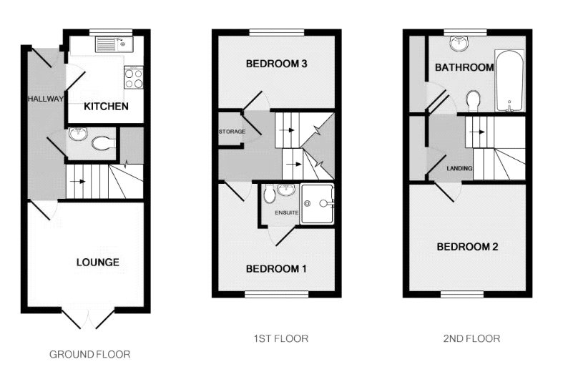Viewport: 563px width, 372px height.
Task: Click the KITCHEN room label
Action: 106,107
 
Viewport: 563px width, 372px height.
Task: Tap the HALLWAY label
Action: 46,99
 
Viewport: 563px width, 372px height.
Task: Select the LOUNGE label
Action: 97,262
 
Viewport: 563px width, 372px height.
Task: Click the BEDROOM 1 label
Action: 276,269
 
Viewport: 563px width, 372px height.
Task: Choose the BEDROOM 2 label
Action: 468,247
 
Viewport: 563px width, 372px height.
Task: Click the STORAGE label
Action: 232,132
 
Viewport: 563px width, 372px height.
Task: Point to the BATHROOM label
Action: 464,68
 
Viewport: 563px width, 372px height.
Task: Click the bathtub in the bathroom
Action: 509,80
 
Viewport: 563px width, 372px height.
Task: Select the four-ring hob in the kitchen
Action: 134,77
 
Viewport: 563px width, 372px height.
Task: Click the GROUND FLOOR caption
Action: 89,354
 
